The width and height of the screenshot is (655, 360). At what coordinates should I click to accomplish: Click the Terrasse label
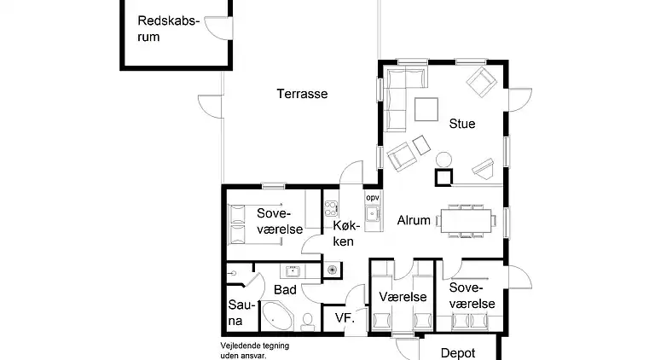coord(302,94)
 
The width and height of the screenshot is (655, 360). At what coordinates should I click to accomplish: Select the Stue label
coord(461,124)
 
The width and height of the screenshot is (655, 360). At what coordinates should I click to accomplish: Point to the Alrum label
coord(414,220)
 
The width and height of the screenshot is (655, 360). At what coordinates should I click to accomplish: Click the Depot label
coord(457,351)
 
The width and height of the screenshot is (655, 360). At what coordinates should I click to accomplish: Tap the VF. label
coord(345,318)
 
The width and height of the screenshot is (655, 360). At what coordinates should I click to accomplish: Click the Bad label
coord(285,290)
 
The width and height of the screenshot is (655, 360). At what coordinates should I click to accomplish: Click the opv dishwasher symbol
coord(372,198)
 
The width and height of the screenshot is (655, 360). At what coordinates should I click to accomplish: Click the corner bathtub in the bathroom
coord(277,316)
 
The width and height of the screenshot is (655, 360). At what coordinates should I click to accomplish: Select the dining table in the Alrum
coord(467,220)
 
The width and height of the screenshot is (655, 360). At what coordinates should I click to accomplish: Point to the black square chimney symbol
coord(443,177)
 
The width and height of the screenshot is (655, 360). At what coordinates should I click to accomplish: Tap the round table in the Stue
coord(443,159)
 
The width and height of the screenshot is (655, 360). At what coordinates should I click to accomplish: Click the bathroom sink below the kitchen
coord(293,271)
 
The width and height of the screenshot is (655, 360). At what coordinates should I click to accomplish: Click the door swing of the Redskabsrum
coord(222,26)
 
